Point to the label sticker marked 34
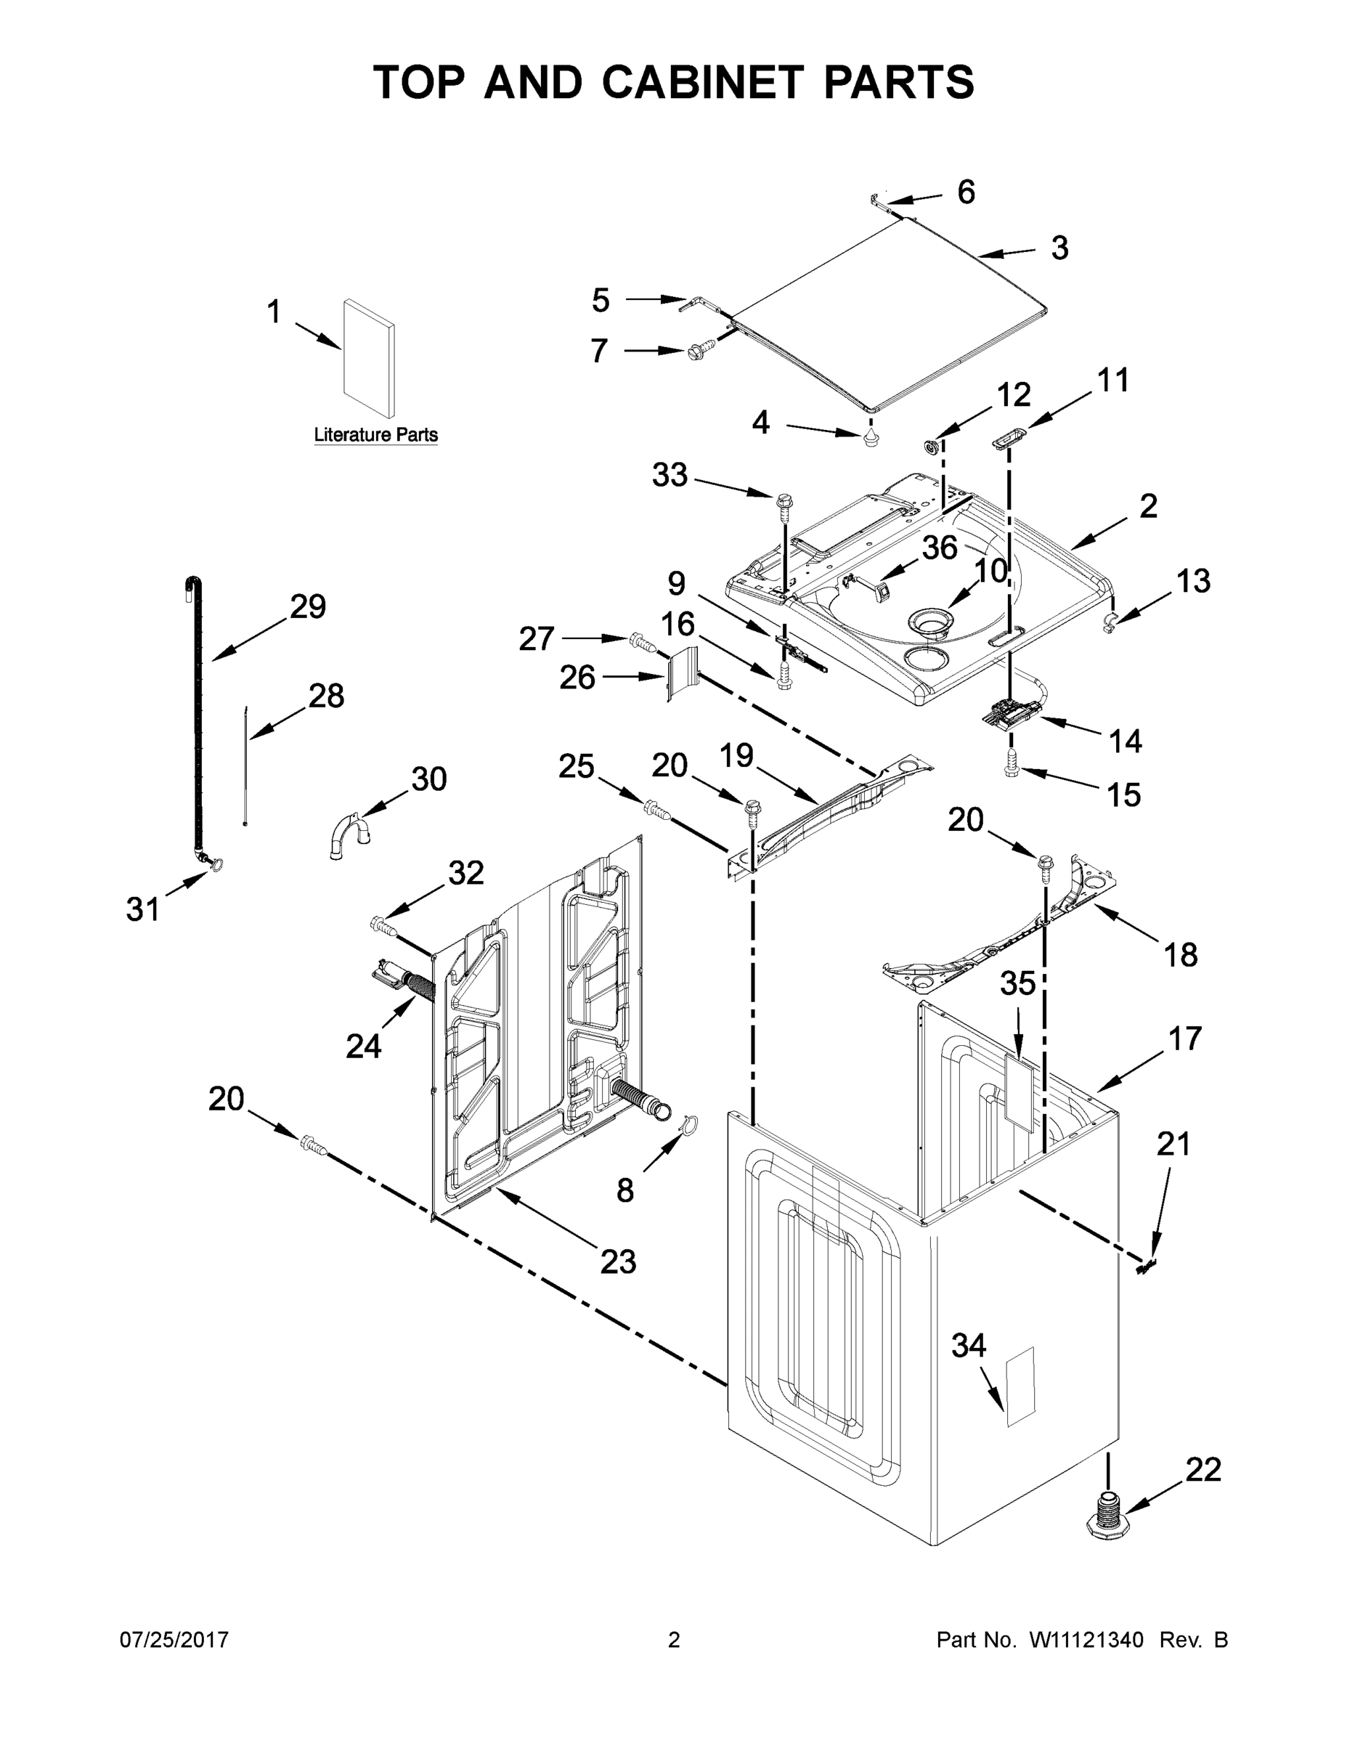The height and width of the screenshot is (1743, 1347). (1019, 1387)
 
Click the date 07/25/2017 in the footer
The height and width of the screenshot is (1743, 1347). (174, 1639)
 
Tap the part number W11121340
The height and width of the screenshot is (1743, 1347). (1086, 1639)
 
